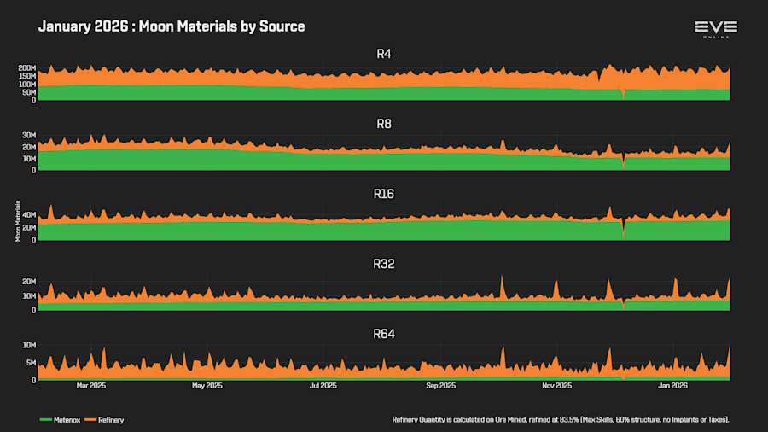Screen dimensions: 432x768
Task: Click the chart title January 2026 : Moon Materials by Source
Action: pos(172,26)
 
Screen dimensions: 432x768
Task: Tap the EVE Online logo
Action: pos(715,29)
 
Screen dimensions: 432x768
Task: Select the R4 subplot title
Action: pos(384,54)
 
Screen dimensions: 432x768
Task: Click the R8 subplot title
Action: pos(384,124)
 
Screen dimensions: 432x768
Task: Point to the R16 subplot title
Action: pos(384,194)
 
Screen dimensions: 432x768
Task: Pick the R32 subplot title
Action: pos(384,264)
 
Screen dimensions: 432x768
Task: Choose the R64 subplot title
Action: pos(384,334)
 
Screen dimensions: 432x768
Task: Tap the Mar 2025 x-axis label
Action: pos(91,386)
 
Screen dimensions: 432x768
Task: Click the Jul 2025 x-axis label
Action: pos(323,386)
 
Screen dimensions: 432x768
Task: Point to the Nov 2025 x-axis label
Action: pos(556,386)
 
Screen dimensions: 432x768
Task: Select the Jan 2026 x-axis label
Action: pos(672,386)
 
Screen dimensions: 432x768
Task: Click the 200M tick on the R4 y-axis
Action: pos(26,68)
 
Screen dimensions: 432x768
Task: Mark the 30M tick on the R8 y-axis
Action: pos(28,136)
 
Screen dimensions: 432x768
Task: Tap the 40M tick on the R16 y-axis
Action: pos(28,215)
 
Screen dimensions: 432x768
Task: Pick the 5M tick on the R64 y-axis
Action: pos(30,363)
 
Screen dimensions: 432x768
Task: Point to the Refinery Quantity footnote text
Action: pos(560,420)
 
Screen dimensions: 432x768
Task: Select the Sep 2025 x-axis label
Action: pos(439,386)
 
